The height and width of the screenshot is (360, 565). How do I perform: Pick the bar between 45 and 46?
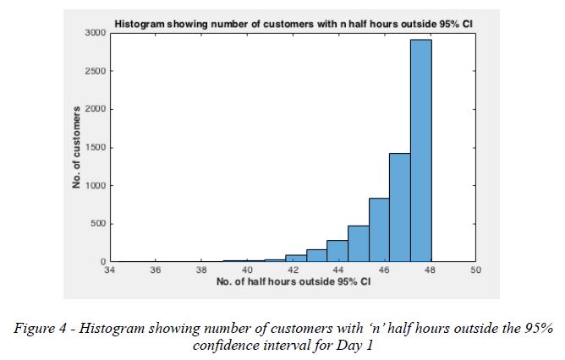[x=379, y=230]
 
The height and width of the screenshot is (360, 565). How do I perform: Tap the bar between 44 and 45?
[x=358, y=243]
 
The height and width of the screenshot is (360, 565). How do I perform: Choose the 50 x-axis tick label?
[x=475, y=270]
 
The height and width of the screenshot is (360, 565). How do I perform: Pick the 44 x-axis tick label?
[x=338, y=270]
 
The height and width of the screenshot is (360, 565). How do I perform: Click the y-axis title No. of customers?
[x=77, y=147]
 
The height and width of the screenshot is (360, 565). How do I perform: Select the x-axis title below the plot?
[x=293, y=281]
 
